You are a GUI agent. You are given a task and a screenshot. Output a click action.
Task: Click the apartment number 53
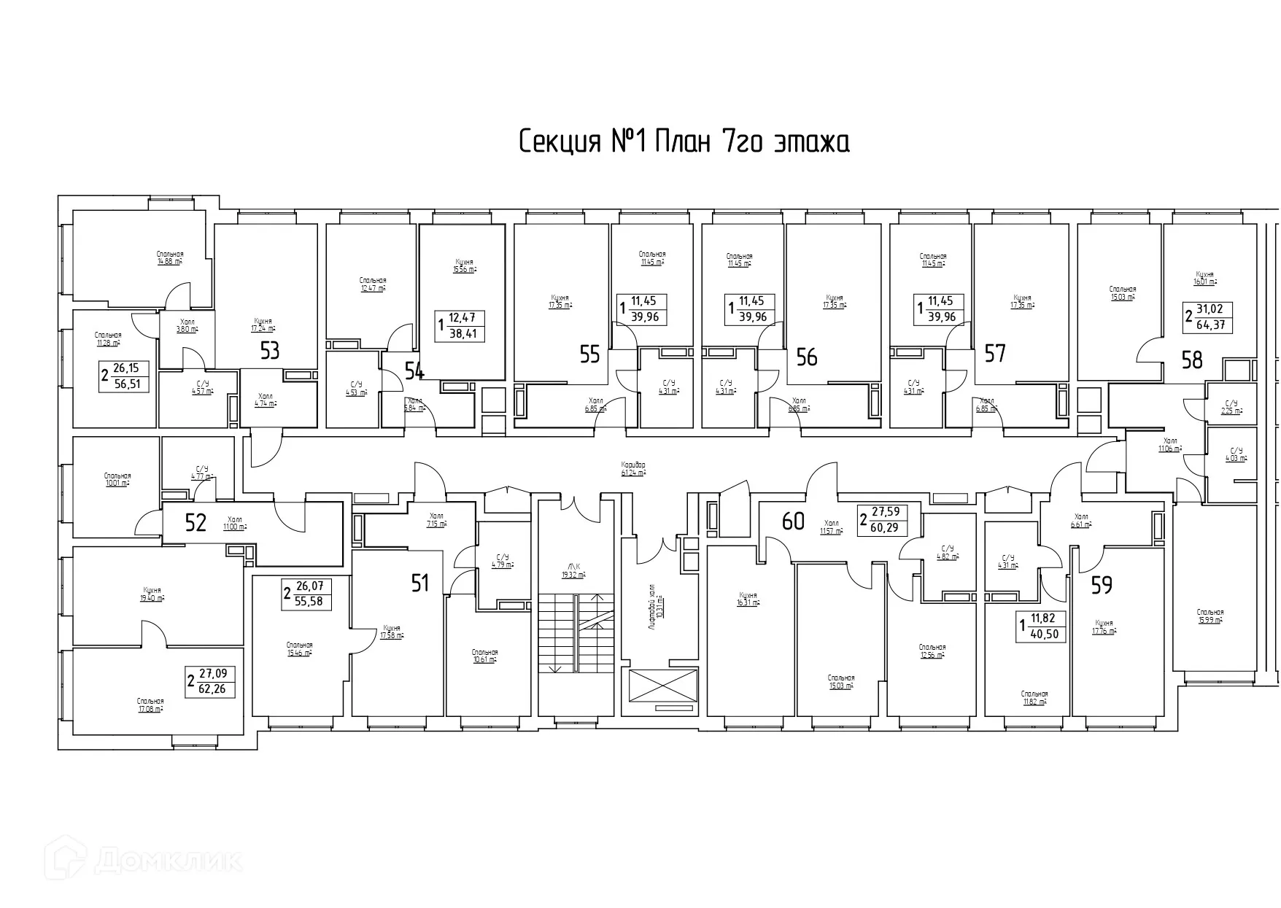[270, 352]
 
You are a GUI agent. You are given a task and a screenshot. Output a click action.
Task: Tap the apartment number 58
[1191, 360]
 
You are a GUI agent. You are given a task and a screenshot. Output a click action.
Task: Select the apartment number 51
[420, 583]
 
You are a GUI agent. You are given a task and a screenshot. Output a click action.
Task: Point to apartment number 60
[793, 521]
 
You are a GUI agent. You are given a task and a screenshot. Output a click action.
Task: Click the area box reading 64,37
[1208, 318]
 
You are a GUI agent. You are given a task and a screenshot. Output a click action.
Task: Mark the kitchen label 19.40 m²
[152, 594]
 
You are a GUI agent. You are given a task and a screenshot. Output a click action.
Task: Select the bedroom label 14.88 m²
[169, 257]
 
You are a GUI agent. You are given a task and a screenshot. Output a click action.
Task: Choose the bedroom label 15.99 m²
[1210, 616]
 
